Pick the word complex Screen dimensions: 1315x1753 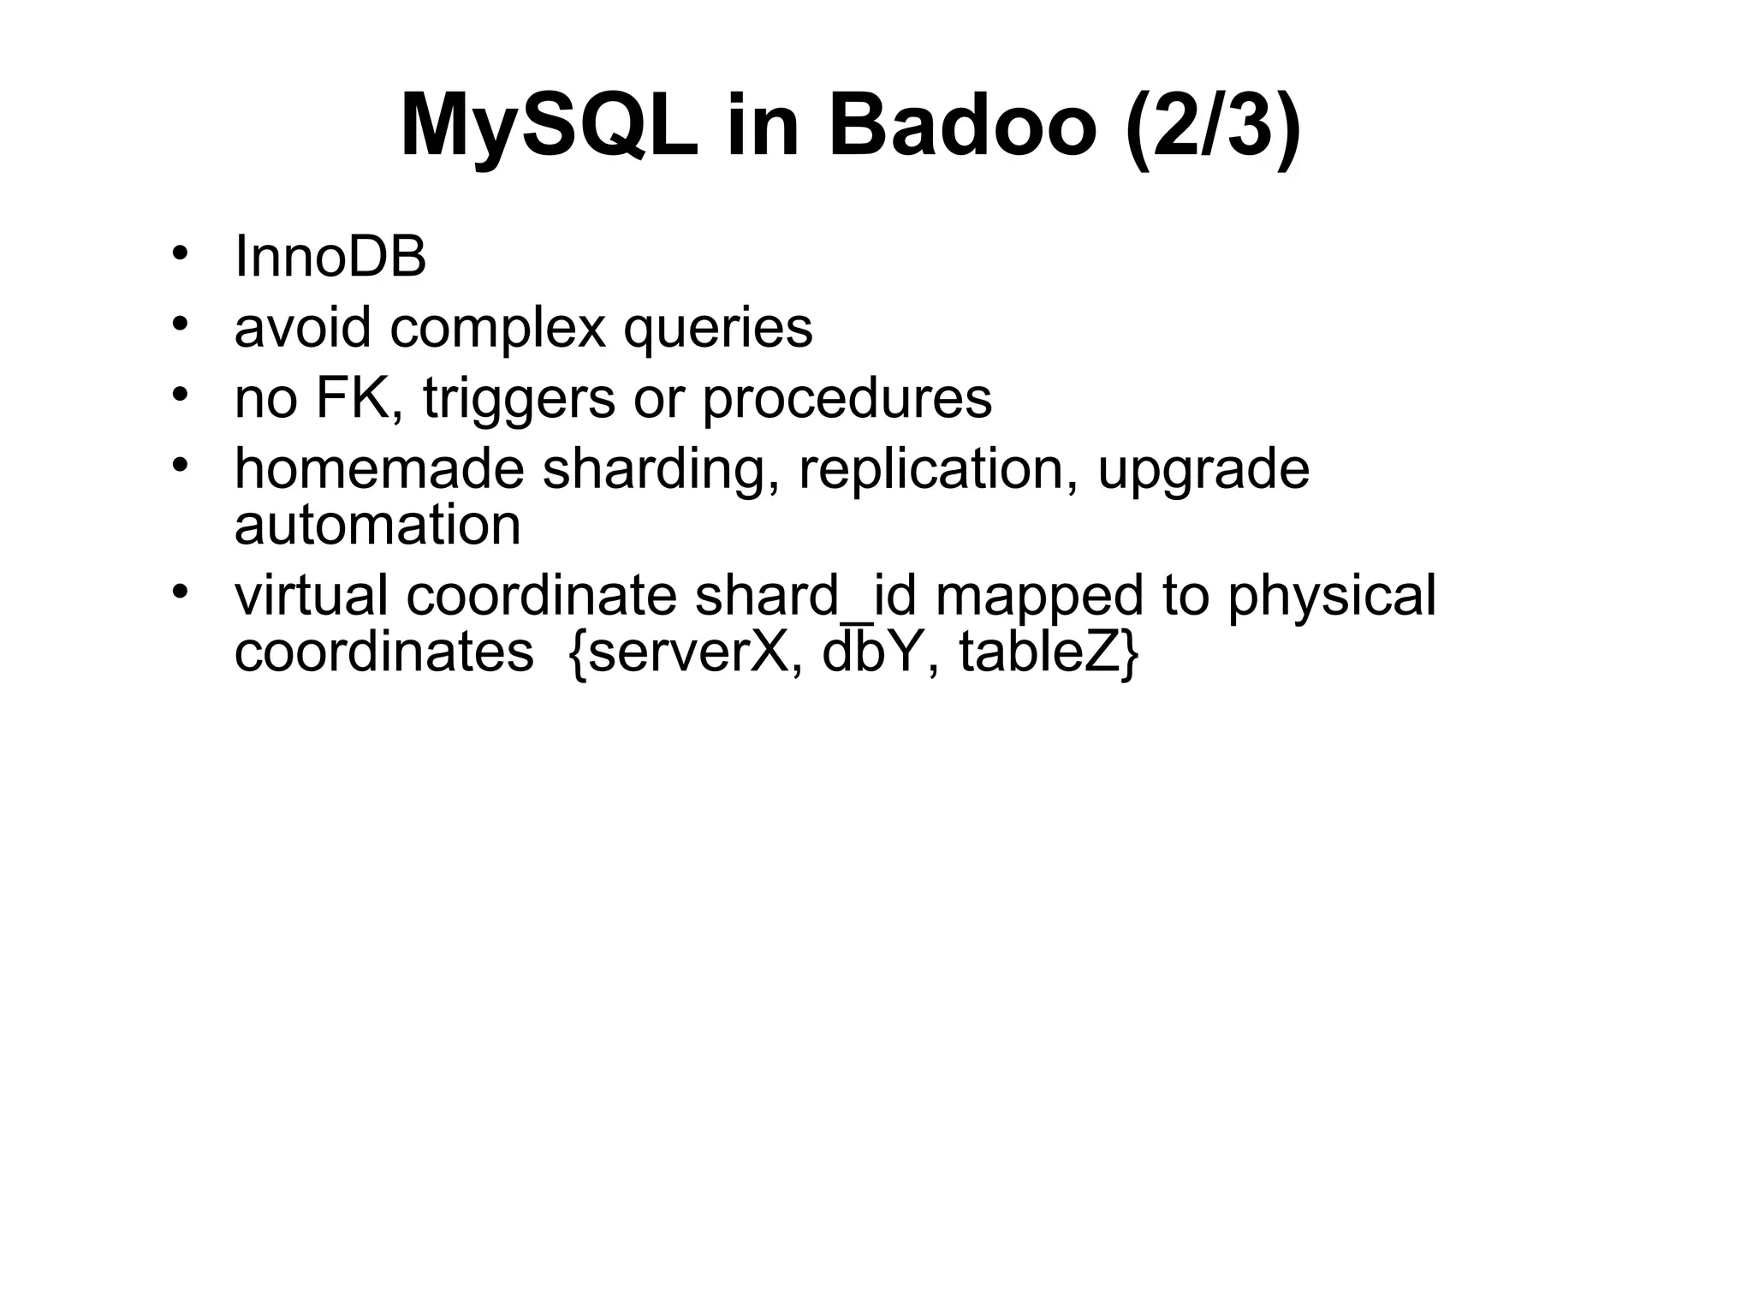click(497, 328)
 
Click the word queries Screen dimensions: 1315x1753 click(717, 330)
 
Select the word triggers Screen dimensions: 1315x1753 click(518, 400)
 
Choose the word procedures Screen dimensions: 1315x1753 click(847, 400)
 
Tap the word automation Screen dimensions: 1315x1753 click(377, 525)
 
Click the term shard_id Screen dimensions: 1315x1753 click(805, 595)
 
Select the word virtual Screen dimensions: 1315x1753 click(311, 595)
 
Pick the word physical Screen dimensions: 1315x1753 click(1331, 597)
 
